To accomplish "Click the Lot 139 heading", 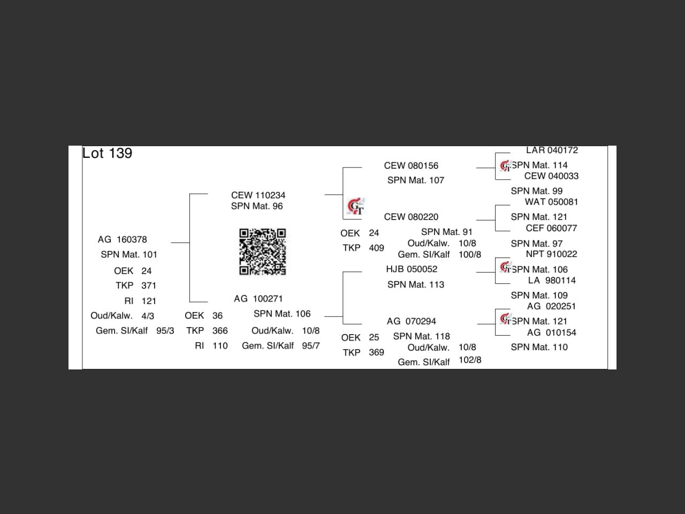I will (x=107, y=153).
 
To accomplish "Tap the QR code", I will (x=262, y=252).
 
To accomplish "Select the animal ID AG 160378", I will (x=122, y=239).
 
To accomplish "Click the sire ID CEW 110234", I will (x=258, y=195).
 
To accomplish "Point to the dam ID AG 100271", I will (x=258, y=298).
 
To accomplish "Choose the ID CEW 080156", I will (x=411, y=165).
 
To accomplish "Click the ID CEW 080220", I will (x=411, y=217).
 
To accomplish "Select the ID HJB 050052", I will (x=412, y=269).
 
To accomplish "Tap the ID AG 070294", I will (x=411, y=321).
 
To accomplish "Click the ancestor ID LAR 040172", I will (x=552, y=150).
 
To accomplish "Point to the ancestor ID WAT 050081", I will (x=551, y=202).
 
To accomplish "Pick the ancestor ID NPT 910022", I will (x=551, y=254).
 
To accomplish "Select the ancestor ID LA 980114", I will (x=552, y=280).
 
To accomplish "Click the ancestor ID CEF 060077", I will (x=551, y=228).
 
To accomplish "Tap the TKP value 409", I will (x=376, y=248).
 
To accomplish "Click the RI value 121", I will (x=149, y=301).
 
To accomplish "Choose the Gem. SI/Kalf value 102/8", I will (x=470, y=360).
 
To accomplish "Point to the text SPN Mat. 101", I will (x=129, y=254).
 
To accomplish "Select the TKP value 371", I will (x=149, y=285).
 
